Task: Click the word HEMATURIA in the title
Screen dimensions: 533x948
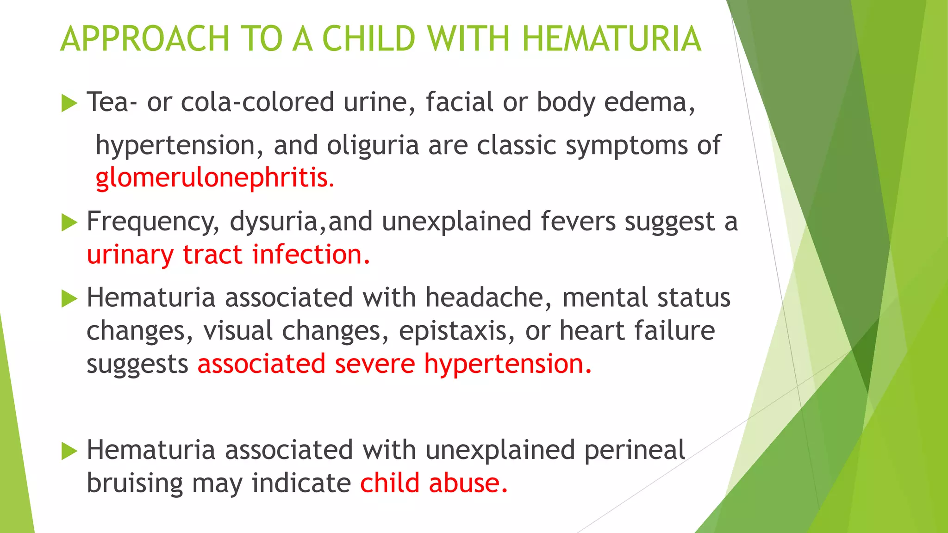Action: pos(611,39)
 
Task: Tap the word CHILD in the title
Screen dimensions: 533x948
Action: pos(368,39)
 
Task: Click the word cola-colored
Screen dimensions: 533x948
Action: pos(257,102)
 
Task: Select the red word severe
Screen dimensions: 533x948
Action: pos(375,364)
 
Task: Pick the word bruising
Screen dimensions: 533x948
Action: pos(135,484)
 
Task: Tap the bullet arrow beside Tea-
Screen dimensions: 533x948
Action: pos(69,103)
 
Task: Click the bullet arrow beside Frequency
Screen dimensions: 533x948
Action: pos(69,223)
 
